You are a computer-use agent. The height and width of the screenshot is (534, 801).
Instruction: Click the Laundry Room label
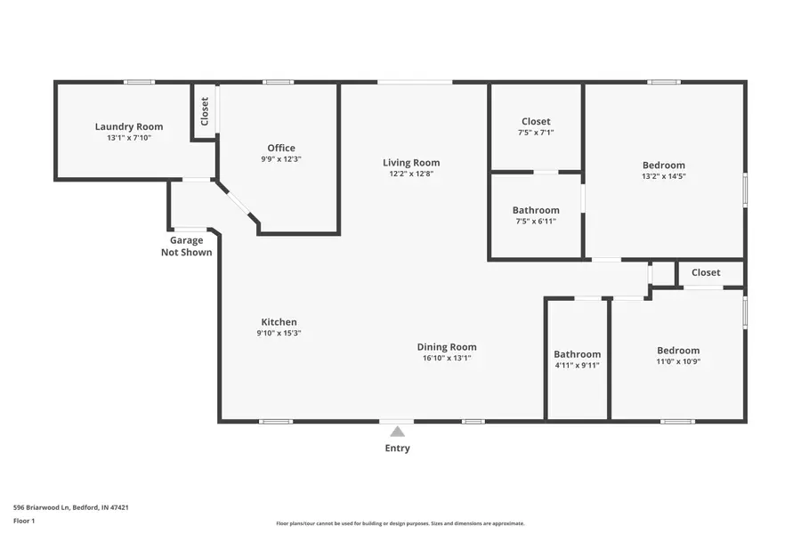[129, 126]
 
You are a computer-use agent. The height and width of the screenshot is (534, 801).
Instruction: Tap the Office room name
[281, 148]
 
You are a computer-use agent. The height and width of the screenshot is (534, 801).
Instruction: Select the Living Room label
[411, 162]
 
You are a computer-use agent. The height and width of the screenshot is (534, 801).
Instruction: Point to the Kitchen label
[279, 322]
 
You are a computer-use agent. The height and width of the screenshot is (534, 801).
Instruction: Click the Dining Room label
[447, 347]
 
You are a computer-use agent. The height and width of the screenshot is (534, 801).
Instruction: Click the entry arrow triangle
[398, 432]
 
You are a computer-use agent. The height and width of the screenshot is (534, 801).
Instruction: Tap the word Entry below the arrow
[397, 449]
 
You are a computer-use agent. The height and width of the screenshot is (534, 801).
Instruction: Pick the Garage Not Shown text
[187, 247]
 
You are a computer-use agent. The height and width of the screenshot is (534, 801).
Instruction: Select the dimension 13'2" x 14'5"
[664, 176]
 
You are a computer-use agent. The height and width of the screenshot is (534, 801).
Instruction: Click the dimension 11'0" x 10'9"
[678, 361]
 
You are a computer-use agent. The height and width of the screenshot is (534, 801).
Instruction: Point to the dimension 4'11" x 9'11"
[578, 365]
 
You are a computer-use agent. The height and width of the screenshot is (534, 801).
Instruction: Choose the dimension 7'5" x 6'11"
[536, 222]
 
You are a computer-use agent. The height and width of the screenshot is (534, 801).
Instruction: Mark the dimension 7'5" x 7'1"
[536, 133]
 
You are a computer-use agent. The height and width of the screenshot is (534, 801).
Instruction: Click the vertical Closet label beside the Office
[205, 110]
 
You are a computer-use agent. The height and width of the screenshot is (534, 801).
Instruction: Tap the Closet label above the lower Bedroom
[706, 272]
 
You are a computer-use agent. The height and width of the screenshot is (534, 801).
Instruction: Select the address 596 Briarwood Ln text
[71, 507]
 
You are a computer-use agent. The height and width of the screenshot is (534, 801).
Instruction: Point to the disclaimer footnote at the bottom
[400, 523]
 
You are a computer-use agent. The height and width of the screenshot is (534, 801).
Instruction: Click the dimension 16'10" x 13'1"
[447, 359]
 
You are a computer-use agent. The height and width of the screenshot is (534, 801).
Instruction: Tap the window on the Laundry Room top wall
[139, 82]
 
